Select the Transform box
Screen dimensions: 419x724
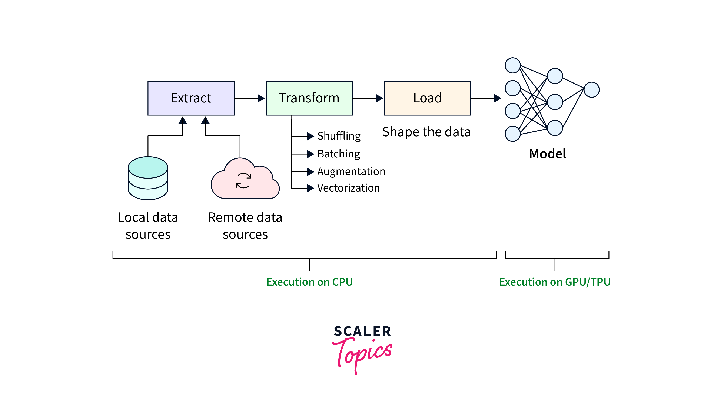click(309, 98)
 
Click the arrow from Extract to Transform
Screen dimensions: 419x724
click(249, 98)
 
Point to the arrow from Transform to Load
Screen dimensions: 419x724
click(368, 98)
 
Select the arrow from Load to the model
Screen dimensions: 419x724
click(486, 98)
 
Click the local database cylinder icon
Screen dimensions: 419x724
click(148, 178)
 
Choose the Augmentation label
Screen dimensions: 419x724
click(351, 172)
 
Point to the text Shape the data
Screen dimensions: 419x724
click(426, 132)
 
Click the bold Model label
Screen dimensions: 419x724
click(547, 154)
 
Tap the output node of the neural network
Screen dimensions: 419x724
click(592, 90)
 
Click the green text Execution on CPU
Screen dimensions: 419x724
click(309, 282)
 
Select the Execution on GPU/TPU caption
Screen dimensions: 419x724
click(555, 282)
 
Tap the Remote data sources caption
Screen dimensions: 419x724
click(245, 226)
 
